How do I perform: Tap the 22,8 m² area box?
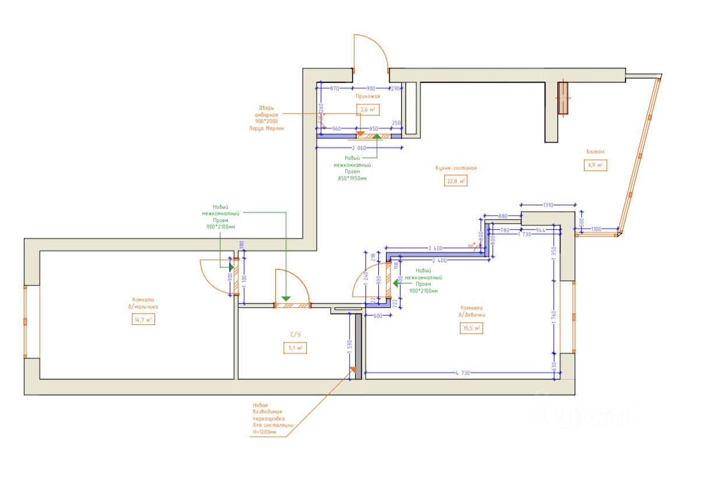coord(456,181)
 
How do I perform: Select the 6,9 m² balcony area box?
coord(595,165)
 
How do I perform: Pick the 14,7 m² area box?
coord(143,320)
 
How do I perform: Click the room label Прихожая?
coord(368,96)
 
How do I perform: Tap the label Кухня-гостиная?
coord(456,168)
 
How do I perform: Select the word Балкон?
coord(595,152)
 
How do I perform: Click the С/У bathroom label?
coord(296,335)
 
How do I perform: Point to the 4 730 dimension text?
coord(461,373)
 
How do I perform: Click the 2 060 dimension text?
coord(359,148)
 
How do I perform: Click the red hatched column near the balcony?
coord(563,97)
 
